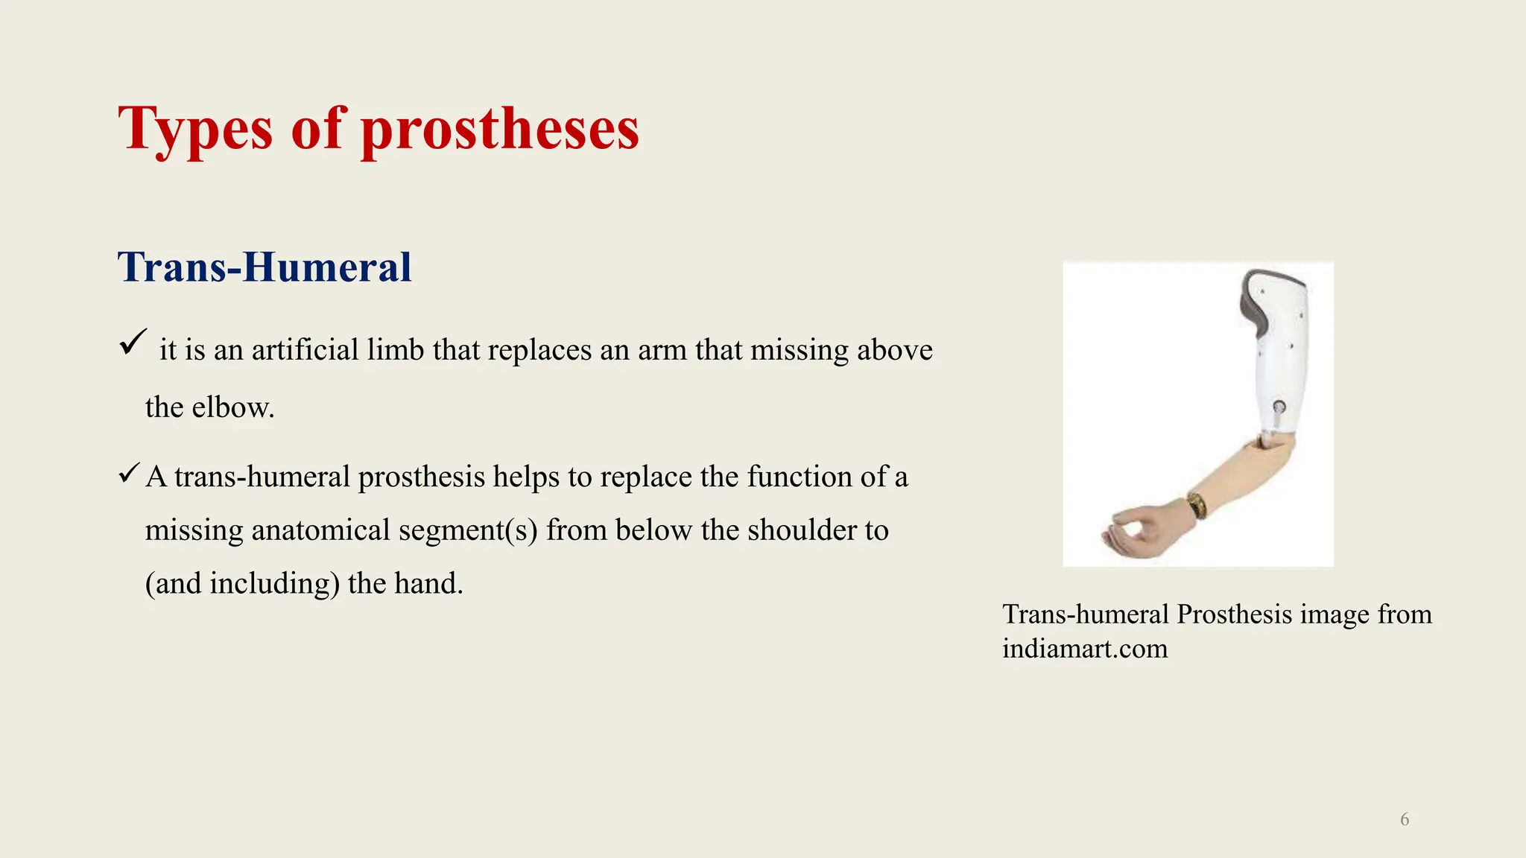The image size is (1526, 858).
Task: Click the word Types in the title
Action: coord(195,130)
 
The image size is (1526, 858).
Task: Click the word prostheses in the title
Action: coord(500,130)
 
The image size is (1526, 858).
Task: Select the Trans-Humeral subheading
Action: coord(265,267)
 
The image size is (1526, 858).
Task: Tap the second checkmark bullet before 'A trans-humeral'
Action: coord(129,473)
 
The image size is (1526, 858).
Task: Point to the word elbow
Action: coord(232,407)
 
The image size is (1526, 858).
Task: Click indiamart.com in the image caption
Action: coord(1085,648)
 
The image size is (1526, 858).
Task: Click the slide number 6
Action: coord(1405,819)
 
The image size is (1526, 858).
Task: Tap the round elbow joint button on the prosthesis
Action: coord(1279,407)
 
